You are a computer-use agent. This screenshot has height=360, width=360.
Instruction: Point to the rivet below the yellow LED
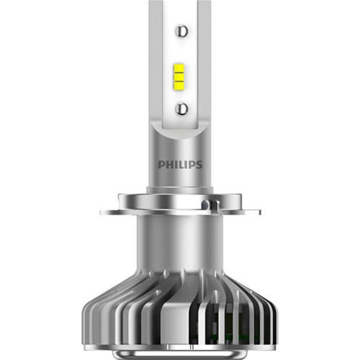pos(180,109)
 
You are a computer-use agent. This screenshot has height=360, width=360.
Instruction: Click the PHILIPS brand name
pos(179,165)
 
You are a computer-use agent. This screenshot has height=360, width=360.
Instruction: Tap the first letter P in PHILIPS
pos(160,165)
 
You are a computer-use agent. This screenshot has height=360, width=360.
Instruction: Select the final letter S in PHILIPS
pos(199,165)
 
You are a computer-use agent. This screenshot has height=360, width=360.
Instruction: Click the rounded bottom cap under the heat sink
pos(180,353)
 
